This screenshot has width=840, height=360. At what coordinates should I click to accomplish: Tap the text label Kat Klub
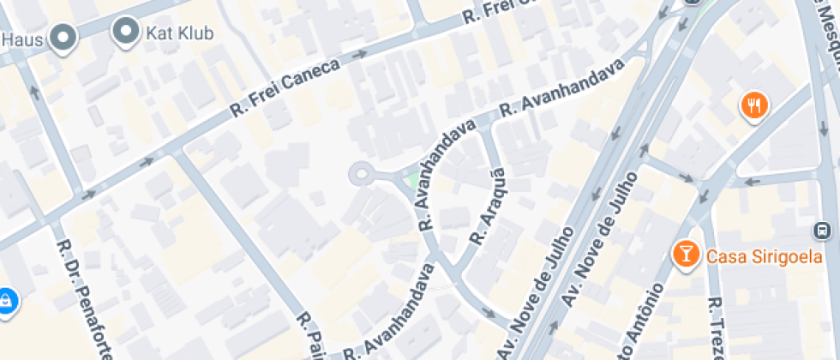[180, 33]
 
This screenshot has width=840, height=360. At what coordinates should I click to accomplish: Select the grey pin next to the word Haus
[63, 38]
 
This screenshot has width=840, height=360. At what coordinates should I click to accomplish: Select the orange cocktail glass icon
[686, 254]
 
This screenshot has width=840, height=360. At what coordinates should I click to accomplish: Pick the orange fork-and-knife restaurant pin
[754, 106]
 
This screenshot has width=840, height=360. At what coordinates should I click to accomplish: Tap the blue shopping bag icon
[6, 301]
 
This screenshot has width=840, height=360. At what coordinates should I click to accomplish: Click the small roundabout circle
[361, 175]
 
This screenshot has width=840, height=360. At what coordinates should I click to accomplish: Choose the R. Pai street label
[309, 336]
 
